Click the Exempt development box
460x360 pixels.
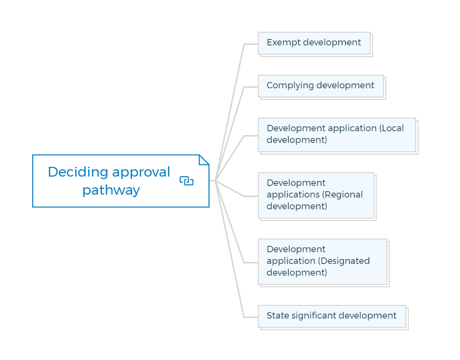coord(314,43)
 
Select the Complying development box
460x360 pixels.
coord(321,86)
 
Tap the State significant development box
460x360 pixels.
coord(332,316)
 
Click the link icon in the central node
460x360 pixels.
coord(187,181)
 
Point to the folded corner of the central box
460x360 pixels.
coord(204,160)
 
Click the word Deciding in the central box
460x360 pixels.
coord(78,172)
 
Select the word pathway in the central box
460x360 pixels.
coord(111,190)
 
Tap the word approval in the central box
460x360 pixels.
coord(141,172)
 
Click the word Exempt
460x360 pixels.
coord(284,42)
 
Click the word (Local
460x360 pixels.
coord(391,128)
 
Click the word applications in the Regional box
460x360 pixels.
coord(293,195)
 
